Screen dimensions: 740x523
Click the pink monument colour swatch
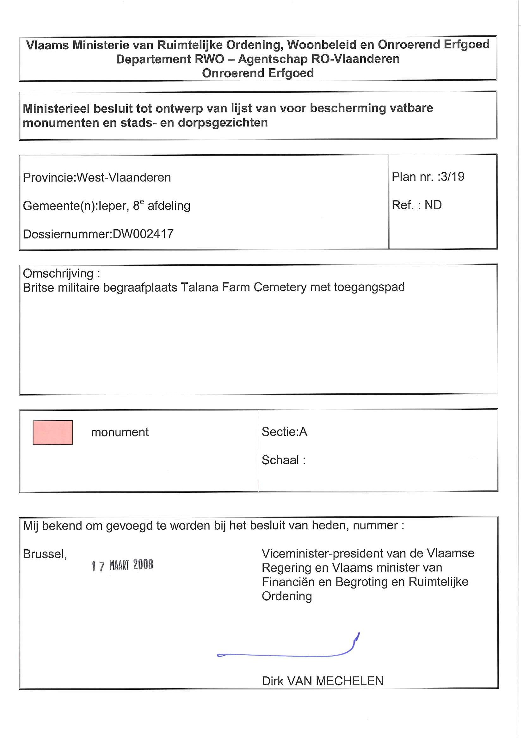pos(53,432)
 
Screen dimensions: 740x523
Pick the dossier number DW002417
pos(143,234)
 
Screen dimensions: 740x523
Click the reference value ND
pos(433,205)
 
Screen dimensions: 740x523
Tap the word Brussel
pos(45,554)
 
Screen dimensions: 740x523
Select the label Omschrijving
pos(58,273)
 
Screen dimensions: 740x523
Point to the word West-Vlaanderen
pos(124,178)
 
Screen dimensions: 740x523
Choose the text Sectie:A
pos(284,432)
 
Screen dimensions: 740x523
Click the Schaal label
pos(280,460)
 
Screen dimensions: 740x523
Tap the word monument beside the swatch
pos(120,432)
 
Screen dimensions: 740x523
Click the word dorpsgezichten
pos(223,123)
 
